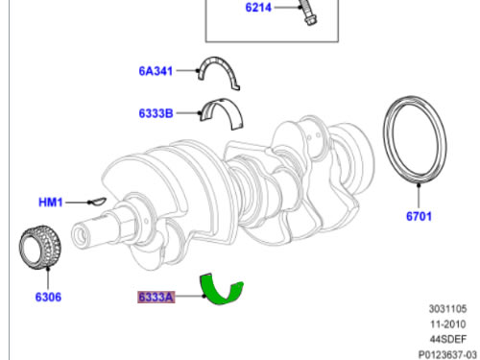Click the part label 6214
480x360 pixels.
tap(258, 7)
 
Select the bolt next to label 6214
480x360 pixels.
tap(307, 12)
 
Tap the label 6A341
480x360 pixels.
tap(156, 71)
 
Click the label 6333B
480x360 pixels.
tap(156, 113)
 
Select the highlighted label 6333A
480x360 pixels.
tap(156, 297)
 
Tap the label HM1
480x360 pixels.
tap(51, 203)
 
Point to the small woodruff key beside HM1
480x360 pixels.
tap(97, 202)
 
